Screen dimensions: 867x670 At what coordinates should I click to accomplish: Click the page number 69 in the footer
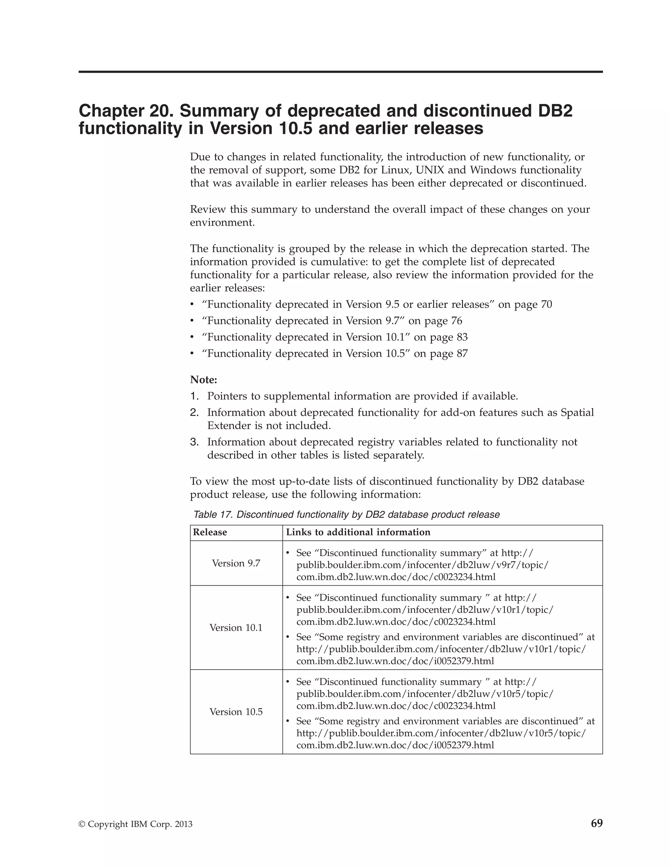click(597, 823)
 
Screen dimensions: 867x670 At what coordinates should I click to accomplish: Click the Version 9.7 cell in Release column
click(236, 563)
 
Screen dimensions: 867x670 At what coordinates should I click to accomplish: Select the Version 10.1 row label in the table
click(236, 627)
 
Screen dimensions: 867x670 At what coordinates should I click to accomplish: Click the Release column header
click(210, 532)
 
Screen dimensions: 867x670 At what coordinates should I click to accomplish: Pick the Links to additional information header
click(358, 532)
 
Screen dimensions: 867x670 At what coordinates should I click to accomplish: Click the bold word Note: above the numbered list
click(203, 380)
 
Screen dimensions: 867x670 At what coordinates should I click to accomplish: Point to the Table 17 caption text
click(346, 515)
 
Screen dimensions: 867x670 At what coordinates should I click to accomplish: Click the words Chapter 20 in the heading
click(126, 111)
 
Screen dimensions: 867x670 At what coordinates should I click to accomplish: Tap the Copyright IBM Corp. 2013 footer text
click(136, 824)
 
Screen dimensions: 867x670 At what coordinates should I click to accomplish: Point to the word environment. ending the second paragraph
click(222, 222)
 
